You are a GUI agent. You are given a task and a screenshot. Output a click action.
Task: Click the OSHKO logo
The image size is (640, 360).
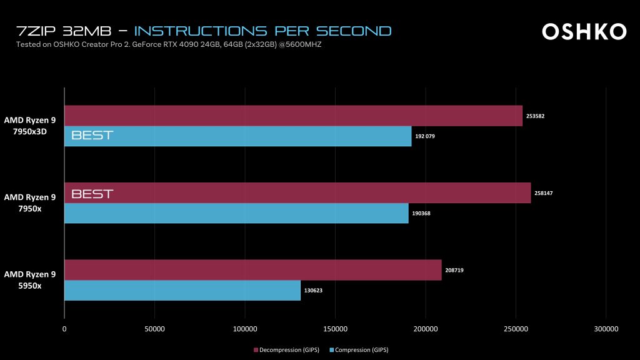coord(584,31)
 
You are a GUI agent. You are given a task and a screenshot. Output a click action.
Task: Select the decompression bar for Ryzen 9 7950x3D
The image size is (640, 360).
coord(293,116)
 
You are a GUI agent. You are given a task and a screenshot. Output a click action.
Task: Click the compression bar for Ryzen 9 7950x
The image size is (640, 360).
coord(236,213)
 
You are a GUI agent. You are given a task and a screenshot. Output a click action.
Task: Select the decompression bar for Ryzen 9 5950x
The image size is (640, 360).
coord(252,270)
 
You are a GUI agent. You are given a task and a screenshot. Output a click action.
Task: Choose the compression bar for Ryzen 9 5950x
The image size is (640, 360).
coord(182,291)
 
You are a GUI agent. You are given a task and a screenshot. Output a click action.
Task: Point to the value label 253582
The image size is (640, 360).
coord(536,116)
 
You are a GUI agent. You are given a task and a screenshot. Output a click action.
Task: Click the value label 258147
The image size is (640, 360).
coord(544,193)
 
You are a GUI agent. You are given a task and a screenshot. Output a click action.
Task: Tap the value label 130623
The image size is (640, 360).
coord(314,291)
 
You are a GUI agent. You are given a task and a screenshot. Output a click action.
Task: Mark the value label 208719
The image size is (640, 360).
coord(454,270)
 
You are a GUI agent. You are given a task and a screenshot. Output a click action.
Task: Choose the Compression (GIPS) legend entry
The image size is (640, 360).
coord(361,349)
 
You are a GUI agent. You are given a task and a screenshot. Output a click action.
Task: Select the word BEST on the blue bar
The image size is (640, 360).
coord(92,136)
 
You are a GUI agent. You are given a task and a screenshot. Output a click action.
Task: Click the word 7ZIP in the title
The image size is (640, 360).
coord(35,31)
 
